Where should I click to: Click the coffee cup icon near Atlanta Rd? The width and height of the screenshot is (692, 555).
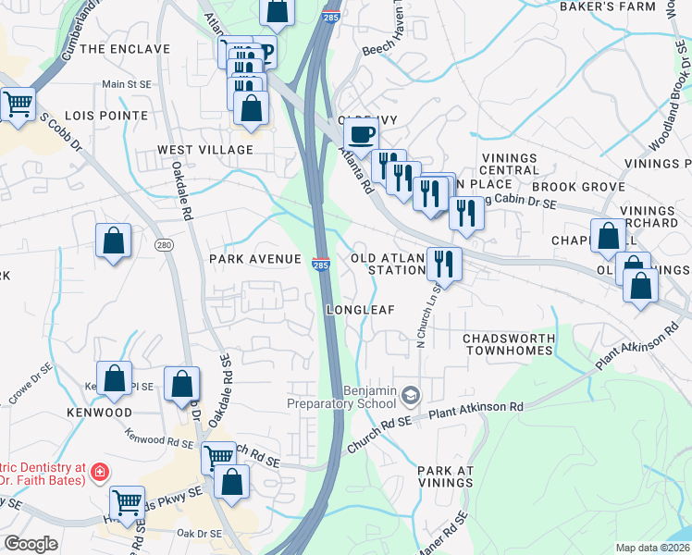[x=361, y=134]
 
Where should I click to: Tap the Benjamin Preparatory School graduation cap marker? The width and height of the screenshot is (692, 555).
[x=409, y=397]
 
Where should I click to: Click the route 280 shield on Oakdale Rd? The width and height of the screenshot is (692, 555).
[x=164, y=244]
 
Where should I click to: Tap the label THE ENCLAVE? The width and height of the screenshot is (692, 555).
[x=125, y=48]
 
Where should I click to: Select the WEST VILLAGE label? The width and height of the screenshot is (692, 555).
[x=204, y=150]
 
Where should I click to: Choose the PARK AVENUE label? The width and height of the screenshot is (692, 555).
[x=255, y=258]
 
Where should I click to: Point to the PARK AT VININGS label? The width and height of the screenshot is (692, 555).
[x=445, y=476]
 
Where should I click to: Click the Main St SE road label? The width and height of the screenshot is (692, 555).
[x=127, y=84]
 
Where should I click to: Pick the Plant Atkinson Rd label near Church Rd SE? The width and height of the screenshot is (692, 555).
[x=476, y=407]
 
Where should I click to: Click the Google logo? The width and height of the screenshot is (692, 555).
[x=31, y=544]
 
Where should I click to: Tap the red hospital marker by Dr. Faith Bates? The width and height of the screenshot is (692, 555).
[x=99, y=475]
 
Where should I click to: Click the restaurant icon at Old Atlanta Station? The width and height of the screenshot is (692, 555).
[x=444, y=264]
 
